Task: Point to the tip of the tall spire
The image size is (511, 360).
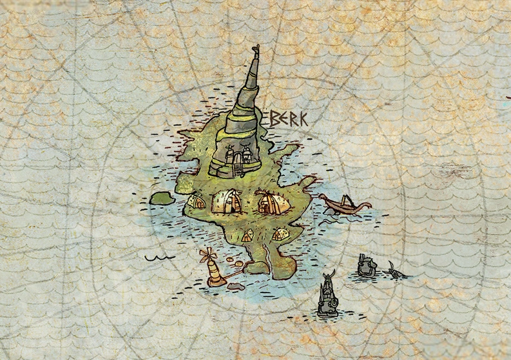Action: tap(256, 48)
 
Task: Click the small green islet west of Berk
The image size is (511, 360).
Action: tap(161, 198)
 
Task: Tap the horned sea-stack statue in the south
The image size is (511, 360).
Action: tap(327, 296)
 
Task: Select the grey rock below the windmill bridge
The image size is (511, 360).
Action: tap(236, 286)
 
